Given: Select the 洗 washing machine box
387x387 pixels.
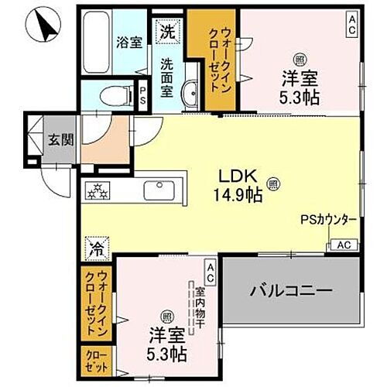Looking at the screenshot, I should [167, 32].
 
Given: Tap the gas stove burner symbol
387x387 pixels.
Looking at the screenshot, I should [100, 190].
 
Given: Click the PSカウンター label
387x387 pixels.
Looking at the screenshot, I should [328, 220].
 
